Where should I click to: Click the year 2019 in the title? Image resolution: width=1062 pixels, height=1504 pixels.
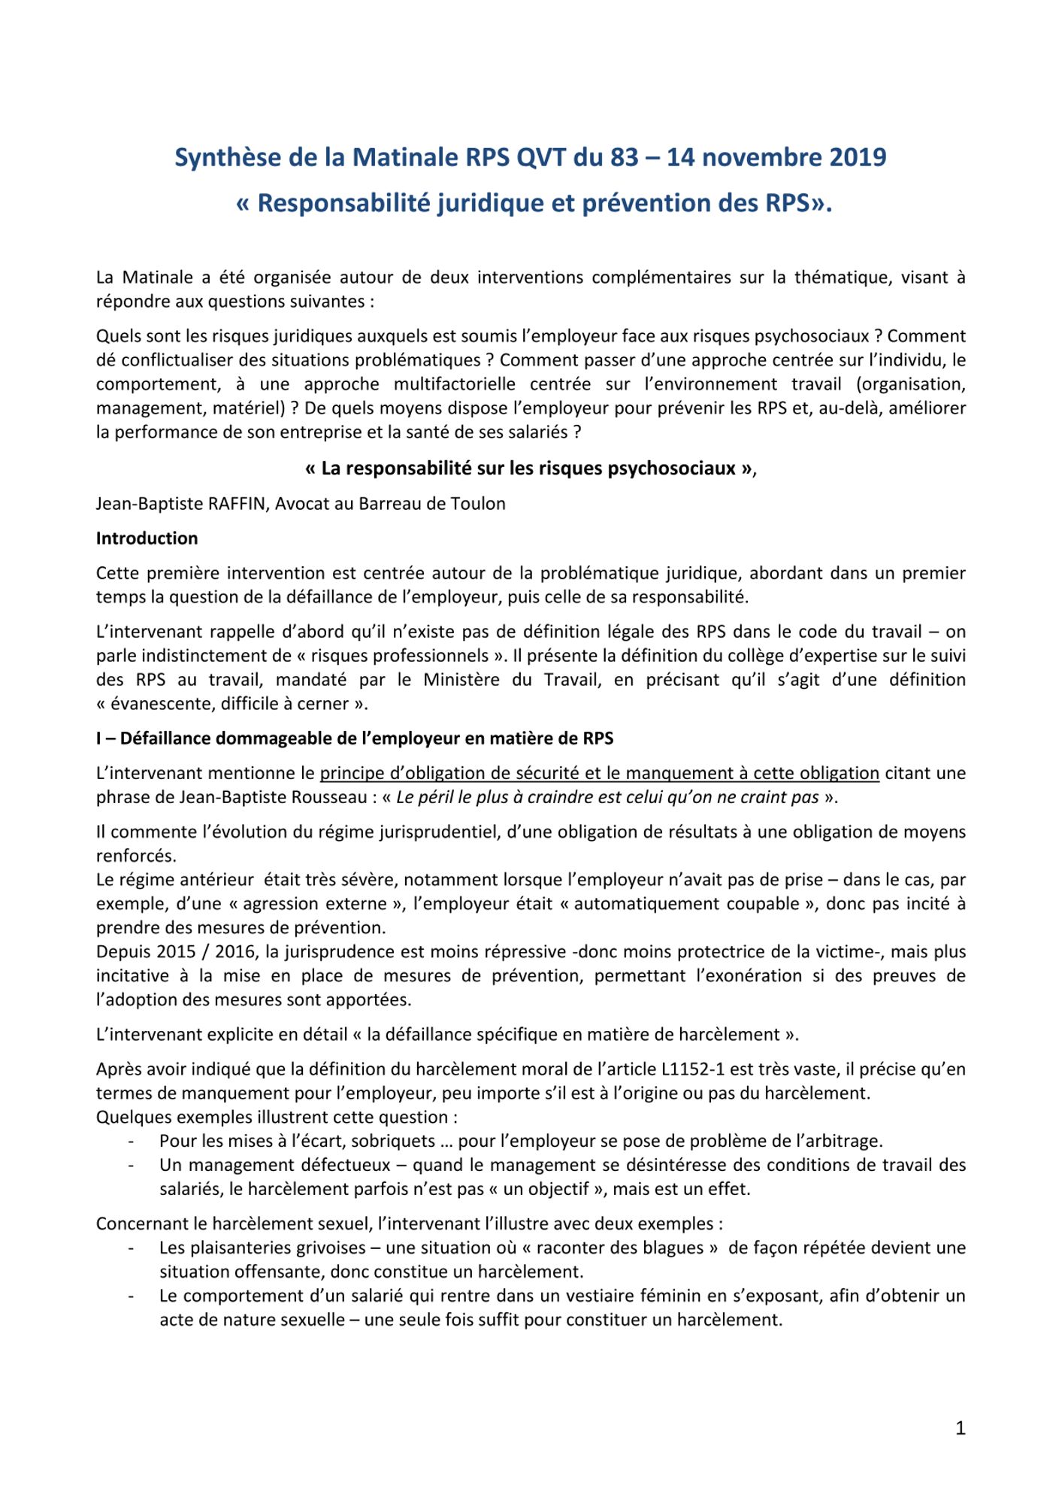[858, 157]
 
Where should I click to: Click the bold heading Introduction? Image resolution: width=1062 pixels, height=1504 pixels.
[147, 538]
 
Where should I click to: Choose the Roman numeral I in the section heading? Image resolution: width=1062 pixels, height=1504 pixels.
[98, 738]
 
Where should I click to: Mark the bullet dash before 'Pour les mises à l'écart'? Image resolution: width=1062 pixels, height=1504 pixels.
[132, 1142]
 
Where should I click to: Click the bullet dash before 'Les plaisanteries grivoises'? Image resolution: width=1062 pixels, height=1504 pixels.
[132, 1248]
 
